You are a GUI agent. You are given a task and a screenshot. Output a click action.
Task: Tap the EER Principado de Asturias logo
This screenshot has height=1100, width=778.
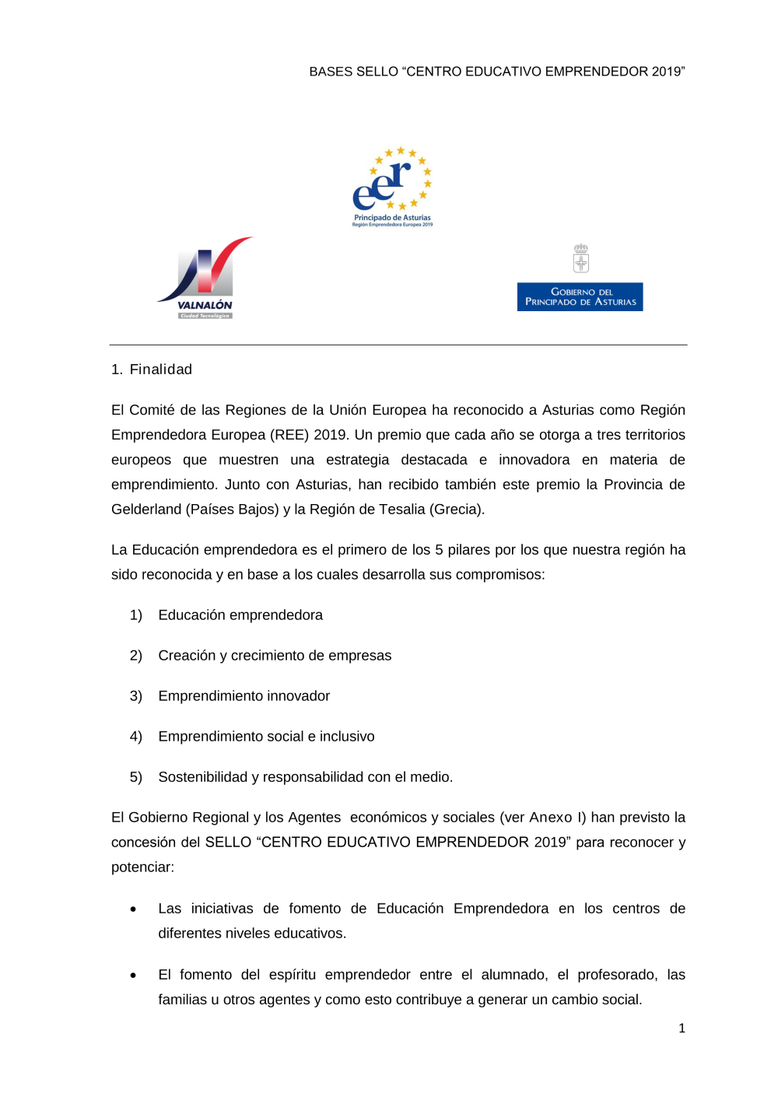[x=392, y=187]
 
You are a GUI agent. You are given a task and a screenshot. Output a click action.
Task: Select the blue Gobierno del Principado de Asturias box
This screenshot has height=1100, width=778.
[x=580, y=297]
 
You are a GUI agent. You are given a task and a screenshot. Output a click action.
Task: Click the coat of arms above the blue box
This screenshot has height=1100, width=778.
[x=580, y=258]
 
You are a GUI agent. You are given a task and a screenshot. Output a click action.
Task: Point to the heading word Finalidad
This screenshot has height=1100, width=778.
[x=161, y=370]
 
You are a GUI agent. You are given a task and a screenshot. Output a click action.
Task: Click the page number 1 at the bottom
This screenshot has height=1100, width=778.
[x=682, y=1028]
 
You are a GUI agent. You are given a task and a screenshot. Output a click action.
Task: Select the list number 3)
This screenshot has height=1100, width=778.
[x=136, y=696]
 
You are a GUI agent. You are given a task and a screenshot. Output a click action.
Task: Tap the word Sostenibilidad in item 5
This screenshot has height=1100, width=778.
[x=202, y=777]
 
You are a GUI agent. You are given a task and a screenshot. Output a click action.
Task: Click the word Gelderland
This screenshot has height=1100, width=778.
[x=146, y=510]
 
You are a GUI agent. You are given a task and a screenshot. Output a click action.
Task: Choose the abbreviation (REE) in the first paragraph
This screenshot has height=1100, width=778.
[x=289, y=435]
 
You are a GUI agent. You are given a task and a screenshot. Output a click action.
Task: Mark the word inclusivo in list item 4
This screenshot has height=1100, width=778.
[x=347, y=737]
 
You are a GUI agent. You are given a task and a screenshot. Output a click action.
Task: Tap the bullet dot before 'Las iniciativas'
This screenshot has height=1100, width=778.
[x=134, y=909]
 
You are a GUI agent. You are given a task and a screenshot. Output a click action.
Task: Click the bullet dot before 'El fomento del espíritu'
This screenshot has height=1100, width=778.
[x=134, y=976]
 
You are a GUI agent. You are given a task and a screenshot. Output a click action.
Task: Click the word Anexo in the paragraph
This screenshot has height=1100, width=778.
[x=550, y=818]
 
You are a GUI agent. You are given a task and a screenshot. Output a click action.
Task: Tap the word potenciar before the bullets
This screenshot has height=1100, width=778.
[x=142, y=867]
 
